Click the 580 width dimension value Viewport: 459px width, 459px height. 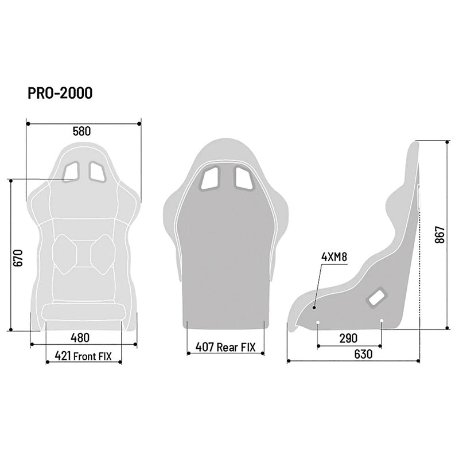pos(81,131)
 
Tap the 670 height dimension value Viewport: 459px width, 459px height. pos(18,257)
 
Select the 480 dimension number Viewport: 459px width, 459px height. pos(81,336)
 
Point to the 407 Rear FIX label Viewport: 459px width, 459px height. pos(225,347)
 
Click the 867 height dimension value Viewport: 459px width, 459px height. pos(439,235)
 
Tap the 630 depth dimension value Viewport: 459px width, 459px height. pos(363,355)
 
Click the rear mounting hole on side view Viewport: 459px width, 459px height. pos(382,321)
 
